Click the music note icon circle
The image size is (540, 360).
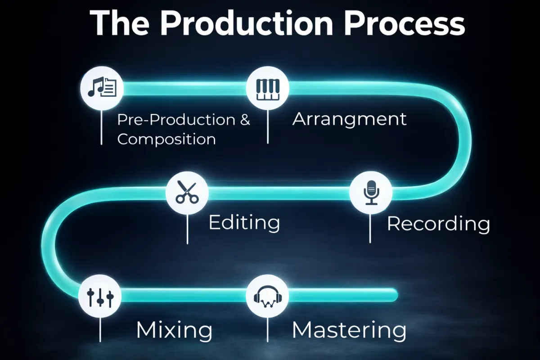pos(101,88)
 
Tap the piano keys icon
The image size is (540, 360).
pos(268,88)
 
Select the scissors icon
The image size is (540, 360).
pos(187,193)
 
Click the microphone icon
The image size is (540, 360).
pos(371,193)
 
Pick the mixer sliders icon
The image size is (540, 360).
pos(100,296)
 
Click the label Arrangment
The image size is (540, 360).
pos(349,119)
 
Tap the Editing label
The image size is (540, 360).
pos(244,223)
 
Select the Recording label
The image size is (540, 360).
pos(438,224)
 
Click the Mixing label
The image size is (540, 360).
pos(174,330)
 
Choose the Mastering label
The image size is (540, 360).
pos(349,330)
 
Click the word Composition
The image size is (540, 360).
pos(166,139)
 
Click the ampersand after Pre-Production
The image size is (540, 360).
pos(245,120)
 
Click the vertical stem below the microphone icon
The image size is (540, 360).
pos(370,227)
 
